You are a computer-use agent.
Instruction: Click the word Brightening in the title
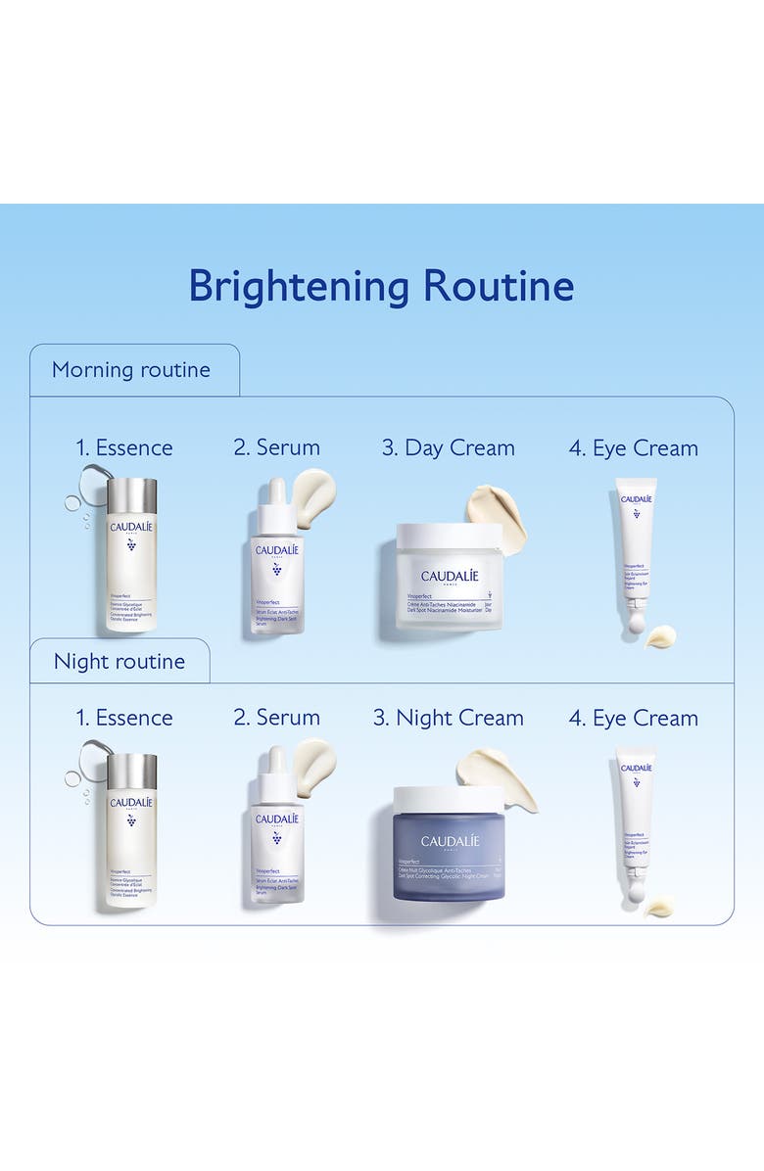[x=298, y=286]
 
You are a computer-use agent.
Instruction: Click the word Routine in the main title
[x=499, y=286]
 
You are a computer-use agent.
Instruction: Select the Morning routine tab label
[x=131, y=370]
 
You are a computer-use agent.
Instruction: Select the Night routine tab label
[x=119, y=662]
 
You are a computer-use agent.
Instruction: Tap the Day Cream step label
[x=449, y=448]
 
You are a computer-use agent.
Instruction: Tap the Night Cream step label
[x=449, y=718]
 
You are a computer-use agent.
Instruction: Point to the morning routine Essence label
[x=124, y=448]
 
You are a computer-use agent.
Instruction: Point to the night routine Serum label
[x=276, y=718]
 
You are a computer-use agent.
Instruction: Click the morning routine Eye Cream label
[x=634, y=448]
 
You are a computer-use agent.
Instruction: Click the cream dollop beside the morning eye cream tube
[x=661, y=636]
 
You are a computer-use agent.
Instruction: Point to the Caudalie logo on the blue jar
[x=450, y=841]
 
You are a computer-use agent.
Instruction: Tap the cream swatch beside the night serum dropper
[x=314, y=760]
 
